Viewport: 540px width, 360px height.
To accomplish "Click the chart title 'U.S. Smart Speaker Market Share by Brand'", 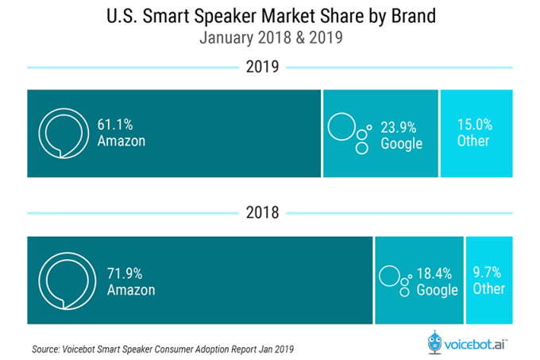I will coord(269,16).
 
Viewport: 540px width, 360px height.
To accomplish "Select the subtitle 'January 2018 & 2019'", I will coord(269,38).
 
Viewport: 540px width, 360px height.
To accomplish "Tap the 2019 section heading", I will coord(262,67).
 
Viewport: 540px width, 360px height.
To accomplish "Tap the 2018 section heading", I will coord(262,212).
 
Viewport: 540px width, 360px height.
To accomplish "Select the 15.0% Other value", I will coord(475,125).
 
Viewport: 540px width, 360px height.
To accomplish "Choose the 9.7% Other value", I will coord(488,272).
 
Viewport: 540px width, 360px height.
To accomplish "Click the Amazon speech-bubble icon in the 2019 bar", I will coord(62,133).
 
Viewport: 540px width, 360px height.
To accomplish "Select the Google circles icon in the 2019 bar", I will coord(349,134).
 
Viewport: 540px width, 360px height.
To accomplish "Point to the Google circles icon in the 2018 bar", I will coord(395,279).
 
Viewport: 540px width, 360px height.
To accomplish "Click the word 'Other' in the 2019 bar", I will coord(474,141).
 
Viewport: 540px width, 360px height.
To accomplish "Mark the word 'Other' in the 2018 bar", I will coord(488,288).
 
